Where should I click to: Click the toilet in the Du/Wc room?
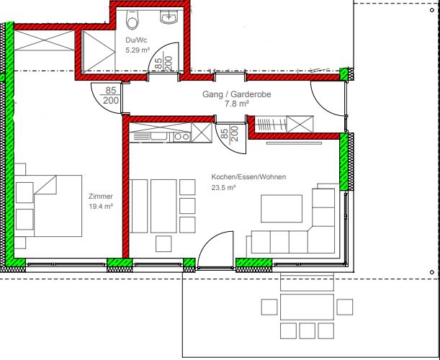tap(133, 19)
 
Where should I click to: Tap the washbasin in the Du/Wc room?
tap(169, 17)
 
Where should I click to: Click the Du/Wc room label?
tap(136, 40)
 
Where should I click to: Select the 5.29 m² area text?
tap(138, 50)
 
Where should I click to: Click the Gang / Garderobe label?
tap(236, 94)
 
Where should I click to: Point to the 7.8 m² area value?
tap(236, 104)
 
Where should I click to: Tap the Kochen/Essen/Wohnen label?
tap(248, 177)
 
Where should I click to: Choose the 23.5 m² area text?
tap(223, 187)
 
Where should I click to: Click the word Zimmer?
tap(101, 196)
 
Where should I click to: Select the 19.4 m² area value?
tap(101, 207)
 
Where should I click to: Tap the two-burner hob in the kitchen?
tap(182, 137)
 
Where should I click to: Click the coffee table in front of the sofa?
tap(282, 209)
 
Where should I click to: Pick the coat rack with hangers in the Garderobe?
tap(271, 124)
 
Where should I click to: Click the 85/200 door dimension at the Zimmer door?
tap(111, 96)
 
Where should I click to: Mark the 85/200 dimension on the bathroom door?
tap(163, 63)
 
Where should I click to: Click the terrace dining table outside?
tap(307, 307)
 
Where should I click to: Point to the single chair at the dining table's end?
tap(163, 243)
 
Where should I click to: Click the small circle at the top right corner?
tap(432, 10)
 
